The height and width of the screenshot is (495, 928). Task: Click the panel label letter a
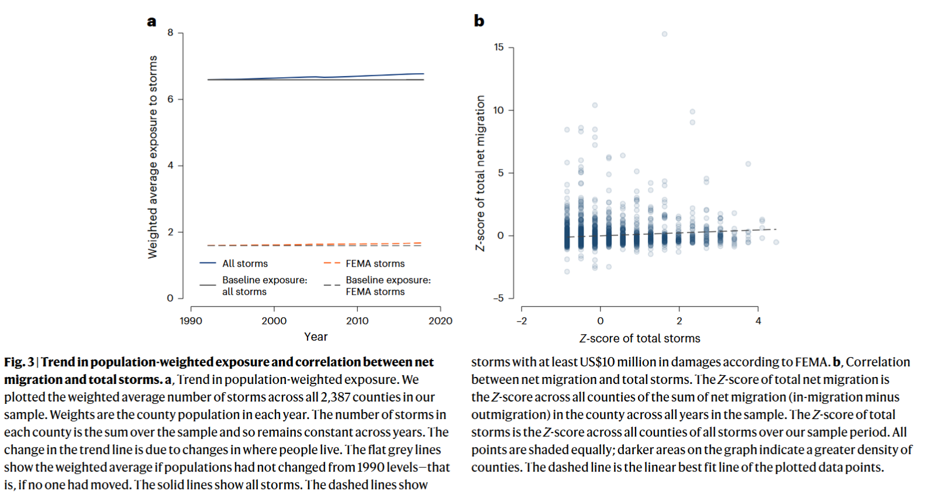151,22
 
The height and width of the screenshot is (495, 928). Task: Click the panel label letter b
479,21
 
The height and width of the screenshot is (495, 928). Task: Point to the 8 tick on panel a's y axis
171,33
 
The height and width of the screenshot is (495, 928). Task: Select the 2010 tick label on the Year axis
357,321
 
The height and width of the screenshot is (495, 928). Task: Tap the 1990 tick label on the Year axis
191,321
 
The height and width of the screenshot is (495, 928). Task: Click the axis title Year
316,337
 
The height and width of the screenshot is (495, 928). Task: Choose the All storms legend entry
245,264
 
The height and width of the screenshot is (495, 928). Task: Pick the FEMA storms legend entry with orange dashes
375,264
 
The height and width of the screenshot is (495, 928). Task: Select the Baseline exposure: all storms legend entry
264,286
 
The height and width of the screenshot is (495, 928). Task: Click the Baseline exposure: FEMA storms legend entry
388,286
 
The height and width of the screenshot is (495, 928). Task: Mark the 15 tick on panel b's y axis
499,47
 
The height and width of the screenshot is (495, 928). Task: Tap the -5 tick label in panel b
498,298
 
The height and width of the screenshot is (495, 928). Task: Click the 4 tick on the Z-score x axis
758,321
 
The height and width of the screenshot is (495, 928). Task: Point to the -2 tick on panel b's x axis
522,321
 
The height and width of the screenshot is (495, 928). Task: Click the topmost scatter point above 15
664,34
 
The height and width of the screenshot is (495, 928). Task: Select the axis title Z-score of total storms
640,338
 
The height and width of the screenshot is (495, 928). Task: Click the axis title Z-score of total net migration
481,173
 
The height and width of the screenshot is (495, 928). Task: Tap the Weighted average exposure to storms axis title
153,157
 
